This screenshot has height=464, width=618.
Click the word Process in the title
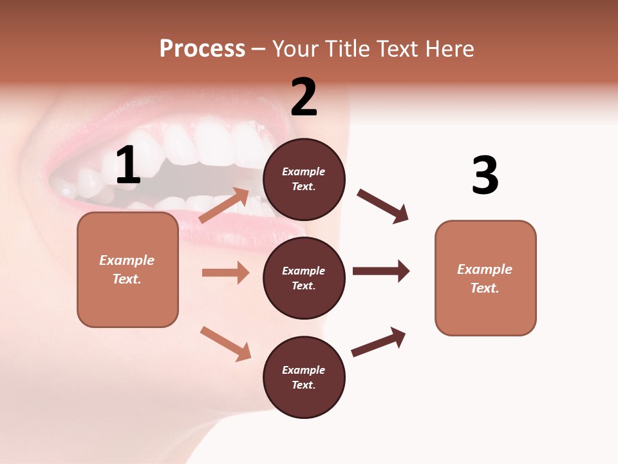(202, 49)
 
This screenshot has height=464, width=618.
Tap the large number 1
(128, 166)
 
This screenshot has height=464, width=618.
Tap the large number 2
(304, 97)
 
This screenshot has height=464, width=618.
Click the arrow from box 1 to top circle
(224, 205)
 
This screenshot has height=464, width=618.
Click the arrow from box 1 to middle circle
(225, 273)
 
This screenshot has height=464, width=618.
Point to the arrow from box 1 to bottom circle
(225, 343)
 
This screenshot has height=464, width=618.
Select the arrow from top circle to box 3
(382, 206)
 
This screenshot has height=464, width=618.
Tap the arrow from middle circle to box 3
(380, 271)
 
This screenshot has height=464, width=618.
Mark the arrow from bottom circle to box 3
(379, 342)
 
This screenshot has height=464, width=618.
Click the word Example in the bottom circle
(304, 370)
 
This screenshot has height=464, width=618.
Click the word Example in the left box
(127, 260)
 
